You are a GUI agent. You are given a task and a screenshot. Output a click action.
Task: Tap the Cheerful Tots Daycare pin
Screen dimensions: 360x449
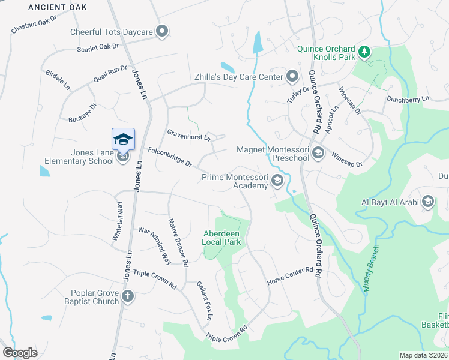[x=161, y=32]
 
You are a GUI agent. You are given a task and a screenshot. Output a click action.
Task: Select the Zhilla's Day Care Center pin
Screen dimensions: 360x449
[x=292, y=76]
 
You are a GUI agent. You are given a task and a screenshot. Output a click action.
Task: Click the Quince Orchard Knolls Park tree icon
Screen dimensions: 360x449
[x=364, y=53]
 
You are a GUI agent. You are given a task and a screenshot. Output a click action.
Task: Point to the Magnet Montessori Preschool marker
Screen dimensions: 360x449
[x=318, y=153]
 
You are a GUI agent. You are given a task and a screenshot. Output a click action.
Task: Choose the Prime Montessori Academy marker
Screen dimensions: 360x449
[x=277, y=181]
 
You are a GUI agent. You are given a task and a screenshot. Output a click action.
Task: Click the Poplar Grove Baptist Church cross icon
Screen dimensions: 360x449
[x=127, y=296]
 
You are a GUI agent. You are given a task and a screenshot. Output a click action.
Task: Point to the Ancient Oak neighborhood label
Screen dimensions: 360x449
[x=57, y=7]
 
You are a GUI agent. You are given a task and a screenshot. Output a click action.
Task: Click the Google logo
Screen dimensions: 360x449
[x=20, y=352]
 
